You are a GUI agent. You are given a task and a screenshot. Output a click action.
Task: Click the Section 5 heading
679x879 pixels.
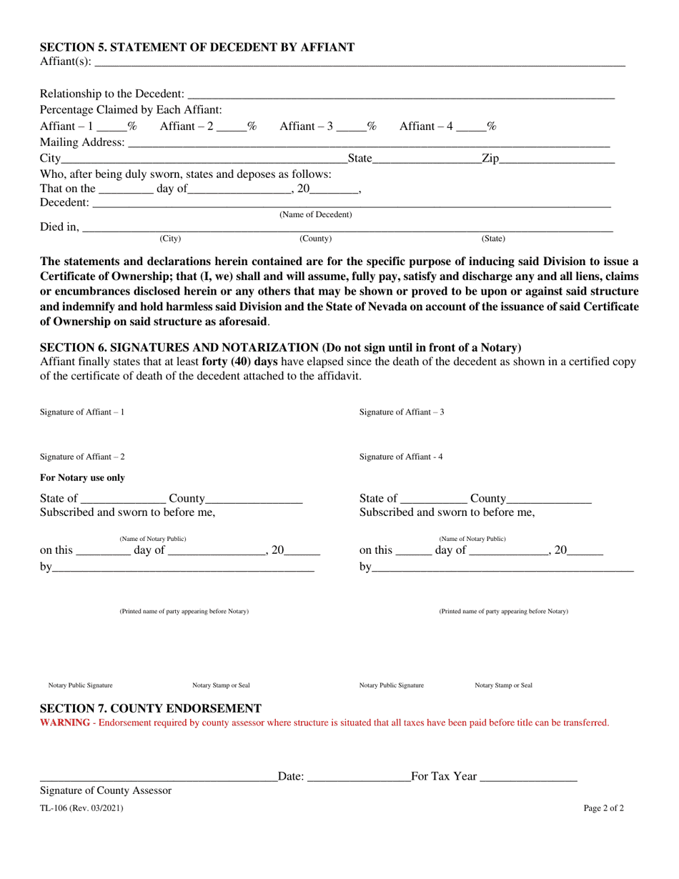tap(197, 47)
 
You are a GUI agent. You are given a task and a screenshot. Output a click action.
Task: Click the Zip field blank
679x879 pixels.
tap(557, 160)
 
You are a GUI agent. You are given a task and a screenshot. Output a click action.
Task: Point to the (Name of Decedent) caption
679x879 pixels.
tap(315, 214)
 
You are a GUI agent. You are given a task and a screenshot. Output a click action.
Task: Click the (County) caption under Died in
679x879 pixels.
tap(315, 238)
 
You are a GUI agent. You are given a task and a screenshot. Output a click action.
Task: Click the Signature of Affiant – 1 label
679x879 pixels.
tap(82, 412)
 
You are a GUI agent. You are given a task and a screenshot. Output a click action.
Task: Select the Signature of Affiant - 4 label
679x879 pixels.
tap(401, 457)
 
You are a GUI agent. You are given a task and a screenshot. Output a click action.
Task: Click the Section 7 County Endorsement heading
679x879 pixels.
tap(150, 708)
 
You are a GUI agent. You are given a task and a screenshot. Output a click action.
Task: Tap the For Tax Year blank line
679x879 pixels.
tap(528, 778)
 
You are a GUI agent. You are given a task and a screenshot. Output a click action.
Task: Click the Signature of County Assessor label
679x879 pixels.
tap(106, 790)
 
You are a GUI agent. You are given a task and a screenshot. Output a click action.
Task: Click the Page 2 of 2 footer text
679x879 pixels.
tap(603, 809)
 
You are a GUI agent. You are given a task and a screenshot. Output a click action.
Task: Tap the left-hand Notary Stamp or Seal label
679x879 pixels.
tap(221, 685)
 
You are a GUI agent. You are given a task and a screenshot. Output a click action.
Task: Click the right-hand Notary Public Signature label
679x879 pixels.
tap(391, 685)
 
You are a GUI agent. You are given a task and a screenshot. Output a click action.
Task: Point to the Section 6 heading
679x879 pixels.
tap(280, 347)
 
